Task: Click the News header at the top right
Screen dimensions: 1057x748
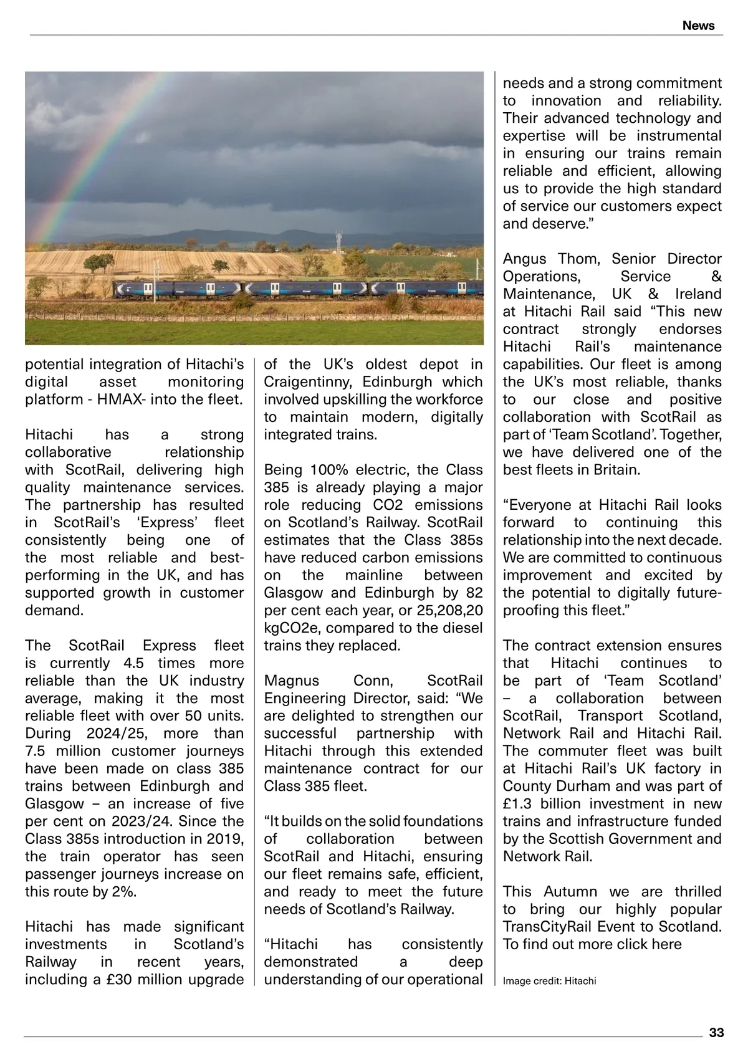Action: tap(698, 26)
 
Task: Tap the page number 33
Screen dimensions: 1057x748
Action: tap(716, 1033)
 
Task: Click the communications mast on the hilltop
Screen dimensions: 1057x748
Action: tap(339, 241)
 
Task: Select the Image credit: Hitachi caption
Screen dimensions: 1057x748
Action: tap(549, 981)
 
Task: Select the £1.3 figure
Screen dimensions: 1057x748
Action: tap(519, 804)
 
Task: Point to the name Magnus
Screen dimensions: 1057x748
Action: tap(292, 681)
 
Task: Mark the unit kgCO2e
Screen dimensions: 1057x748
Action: tap(295, 628)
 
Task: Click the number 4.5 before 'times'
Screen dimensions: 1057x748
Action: tap(135, 663)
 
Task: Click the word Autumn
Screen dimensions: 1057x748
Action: tap(570, 892)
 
